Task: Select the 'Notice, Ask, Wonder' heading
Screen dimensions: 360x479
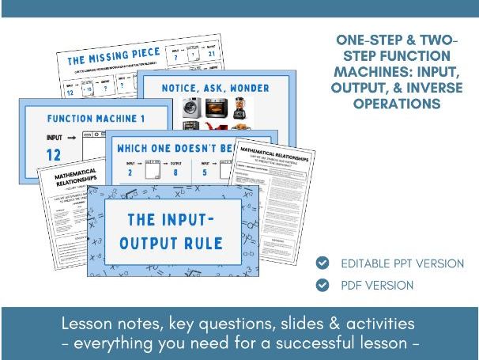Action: [x=216, y=88]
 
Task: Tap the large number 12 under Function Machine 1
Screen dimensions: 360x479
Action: [x=55, y=154]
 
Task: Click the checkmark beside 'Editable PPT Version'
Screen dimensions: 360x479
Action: [x=322, y=263]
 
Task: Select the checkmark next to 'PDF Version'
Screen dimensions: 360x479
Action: [x=322, y=285]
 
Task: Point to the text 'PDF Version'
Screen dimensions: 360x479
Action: [x=377, y=285]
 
